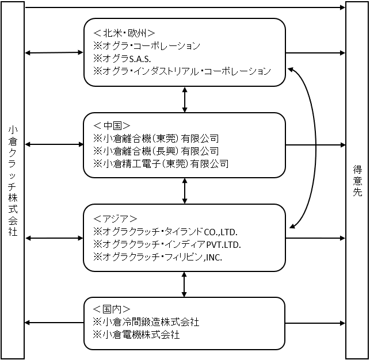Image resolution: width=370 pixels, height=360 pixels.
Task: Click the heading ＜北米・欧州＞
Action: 124,33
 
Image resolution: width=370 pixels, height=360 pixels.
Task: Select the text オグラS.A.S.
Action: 127,59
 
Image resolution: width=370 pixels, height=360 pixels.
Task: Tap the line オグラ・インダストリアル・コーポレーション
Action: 186,71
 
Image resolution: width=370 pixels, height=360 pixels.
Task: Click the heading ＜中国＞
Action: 112,126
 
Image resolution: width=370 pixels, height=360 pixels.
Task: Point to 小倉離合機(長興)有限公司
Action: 161,151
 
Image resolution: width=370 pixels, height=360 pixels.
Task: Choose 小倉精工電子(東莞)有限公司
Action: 165,164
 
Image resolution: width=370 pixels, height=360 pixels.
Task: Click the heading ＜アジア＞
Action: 116,219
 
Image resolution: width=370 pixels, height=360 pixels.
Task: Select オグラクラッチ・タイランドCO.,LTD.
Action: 170,232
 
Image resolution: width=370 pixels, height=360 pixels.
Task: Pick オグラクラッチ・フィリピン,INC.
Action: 162,257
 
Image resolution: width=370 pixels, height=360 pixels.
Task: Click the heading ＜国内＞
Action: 112,309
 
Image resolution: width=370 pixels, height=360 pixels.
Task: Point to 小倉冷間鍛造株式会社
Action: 151,322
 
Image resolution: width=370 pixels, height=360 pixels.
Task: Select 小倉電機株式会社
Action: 141,335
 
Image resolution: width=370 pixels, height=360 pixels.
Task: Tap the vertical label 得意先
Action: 357,181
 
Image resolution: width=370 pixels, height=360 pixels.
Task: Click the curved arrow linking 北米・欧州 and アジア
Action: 316,148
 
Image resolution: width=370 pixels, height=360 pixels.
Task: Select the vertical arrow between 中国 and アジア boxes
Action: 185,191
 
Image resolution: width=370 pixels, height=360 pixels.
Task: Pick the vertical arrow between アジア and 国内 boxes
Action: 184,284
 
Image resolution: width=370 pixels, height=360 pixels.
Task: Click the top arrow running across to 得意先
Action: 185,7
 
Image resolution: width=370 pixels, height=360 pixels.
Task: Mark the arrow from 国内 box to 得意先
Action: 315,323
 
